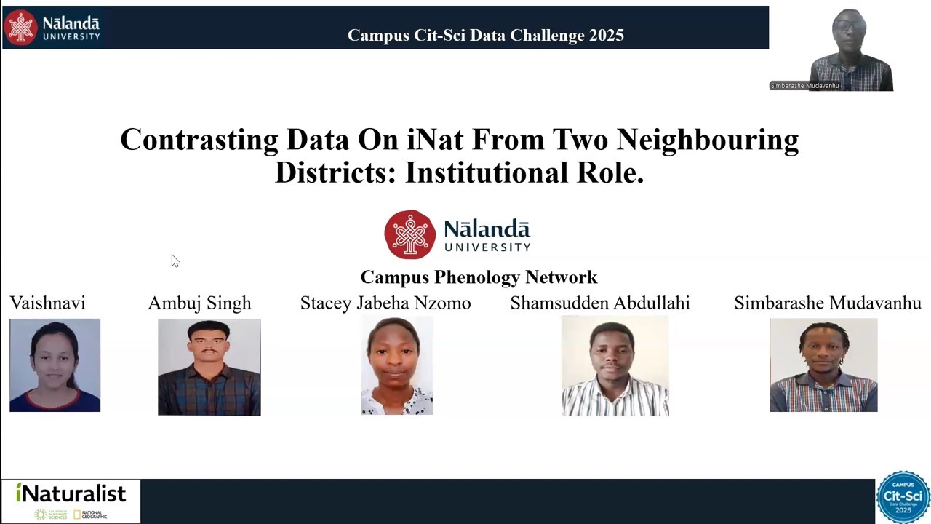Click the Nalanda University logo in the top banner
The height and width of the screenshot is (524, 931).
pos(52,28)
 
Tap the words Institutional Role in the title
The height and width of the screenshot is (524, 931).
pos(524,172)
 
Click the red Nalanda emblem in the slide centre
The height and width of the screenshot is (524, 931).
pos(410,234)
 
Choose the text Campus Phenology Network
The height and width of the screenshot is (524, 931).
pos(479,277)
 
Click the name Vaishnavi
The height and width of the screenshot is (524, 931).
pos(47,303)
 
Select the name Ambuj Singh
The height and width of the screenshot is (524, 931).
pos(199,303)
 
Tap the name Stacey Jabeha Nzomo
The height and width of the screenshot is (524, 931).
pos(385,303)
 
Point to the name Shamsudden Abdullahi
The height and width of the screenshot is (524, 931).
pos(600,303)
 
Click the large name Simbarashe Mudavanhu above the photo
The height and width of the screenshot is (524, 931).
pos(827,303)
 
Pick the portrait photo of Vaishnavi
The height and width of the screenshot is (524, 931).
pos(55,365)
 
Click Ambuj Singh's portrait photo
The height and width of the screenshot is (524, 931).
pos(209,367)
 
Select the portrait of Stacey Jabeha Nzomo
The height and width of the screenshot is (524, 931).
pos(397,367)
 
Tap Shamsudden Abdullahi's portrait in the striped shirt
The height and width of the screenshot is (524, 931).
pos(615,367)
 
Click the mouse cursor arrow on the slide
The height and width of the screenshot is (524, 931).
pos(175,260)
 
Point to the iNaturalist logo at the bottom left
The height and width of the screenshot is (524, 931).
pos(71,501)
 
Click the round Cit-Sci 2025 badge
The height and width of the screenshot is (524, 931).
pos(903,497)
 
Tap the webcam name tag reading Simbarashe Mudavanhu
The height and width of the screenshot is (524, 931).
pos(805,86)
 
